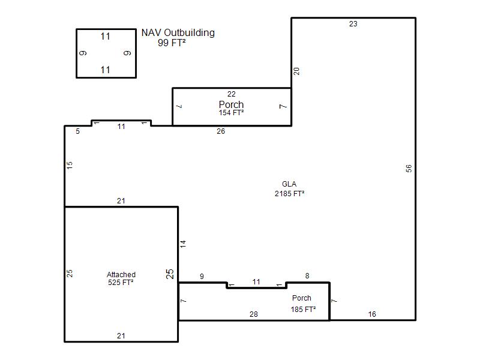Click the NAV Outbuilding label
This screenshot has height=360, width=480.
178,32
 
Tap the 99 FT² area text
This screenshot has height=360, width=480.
172,43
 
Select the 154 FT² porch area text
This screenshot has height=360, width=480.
231,113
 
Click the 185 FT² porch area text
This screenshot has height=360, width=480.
303,310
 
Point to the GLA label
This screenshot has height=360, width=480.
289,184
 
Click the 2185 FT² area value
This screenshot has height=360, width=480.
289,193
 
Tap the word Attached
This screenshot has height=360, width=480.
121,275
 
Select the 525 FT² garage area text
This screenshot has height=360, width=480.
121,282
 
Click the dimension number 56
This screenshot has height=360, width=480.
409,169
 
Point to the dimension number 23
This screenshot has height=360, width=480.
353,24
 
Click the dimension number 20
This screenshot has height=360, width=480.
296,71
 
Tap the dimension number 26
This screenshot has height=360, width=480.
221,131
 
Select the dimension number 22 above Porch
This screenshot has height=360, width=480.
232,94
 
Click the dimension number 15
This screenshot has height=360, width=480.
70,166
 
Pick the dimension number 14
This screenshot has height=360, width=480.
183,244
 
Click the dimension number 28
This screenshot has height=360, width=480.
253,314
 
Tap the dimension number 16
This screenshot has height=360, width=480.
372,314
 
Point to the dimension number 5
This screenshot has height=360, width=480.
78,131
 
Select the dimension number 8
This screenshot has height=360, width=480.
307,276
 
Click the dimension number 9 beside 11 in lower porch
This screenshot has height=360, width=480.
202,277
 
